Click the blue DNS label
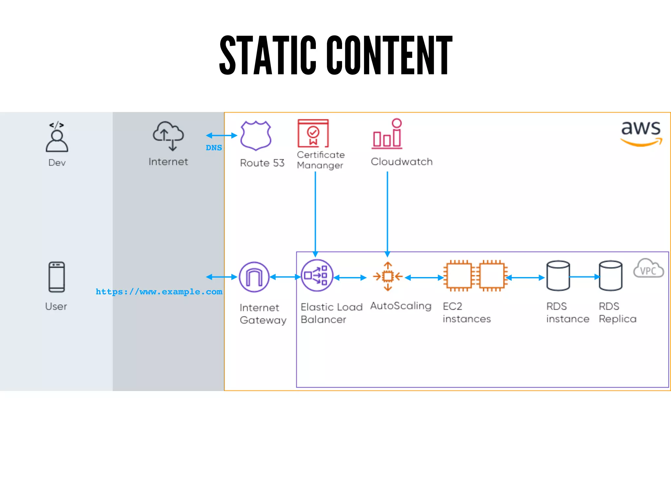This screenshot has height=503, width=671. pyautogui.click(x=214, y=148)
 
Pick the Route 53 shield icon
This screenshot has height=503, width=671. pyautogui.click(x=256, y=135)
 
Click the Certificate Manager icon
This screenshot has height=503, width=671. pyautogui.click(x=313, y=133)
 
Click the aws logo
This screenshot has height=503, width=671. pyautogui.click(x=641, y=133)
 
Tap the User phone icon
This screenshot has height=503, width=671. pyautogui.click(x=57, y=277)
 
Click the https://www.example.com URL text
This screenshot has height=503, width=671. pyautogui.click(x=159, y=291)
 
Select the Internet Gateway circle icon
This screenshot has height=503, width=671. pyautogui.click(x=254, y=277)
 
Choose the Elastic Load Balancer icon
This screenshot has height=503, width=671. pyautogui.click(x=316, y=276)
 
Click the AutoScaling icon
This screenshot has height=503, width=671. pyautogui.click(x=388, y=277)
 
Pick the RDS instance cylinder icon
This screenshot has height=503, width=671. pyautogui.click(x=558, y=276)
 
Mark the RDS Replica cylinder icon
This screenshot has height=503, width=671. pyautogui.click(x=610, y=276)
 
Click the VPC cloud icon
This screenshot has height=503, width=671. pyautogui.click(x=648, y=269)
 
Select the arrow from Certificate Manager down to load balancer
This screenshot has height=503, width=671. pyautogui.click(x=315, y=213)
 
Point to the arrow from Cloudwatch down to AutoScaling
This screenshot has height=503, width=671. pyautogui.click(x=387, y=213)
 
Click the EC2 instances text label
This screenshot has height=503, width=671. pyautogui.click(x=467, y=312)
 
